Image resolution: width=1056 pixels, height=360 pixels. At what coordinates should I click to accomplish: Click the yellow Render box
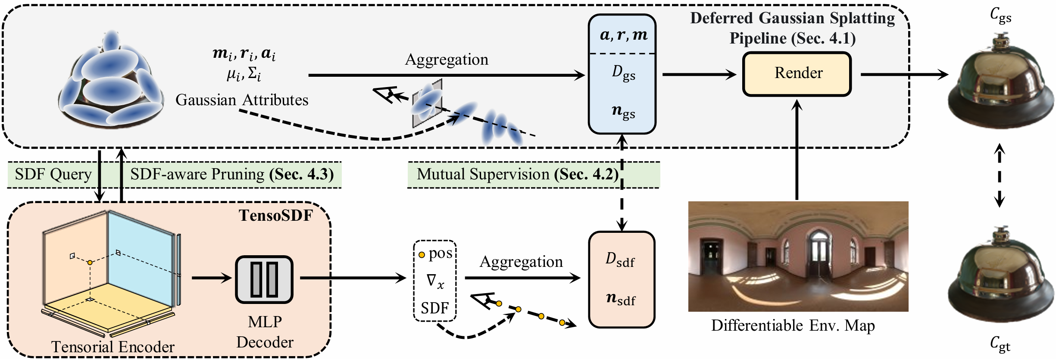[x=797, y=74]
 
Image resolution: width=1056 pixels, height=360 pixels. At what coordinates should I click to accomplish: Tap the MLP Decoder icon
[x=264, y=279]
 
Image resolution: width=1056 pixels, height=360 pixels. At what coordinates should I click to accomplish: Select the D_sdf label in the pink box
[x=620, y=260]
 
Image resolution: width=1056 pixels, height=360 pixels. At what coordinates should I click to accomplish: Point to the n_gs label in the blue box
[x=623, y=112]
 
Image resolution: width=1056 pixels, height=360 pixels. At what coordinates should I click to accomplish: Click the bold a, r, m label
[x=623, y=35]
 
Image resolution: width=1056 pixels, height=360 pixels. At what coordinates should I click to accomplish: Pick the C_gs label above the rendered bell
[x=1000, y=16]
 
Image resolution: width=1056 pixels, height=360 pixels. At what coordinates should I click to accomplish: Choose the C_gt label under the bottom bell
[x=1000, y=344]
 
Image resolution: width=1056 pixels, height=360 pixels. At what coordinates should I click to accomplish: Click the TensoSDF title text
[x=276, y=215]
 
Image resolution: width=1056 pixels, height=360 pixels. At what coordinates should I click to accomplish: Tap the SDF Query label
[x=53, y=174]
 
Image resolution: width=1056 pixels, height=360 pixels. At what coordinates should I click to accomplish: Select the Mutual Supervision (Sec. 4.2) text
[x=517, y=174]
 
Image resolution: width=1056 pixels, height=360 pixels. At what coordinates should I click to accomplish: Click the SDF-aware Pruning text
[x=197, y=174]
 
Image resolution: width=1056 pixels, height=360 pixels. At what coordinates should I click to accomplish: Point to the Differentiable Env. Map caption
[x=793, y=325]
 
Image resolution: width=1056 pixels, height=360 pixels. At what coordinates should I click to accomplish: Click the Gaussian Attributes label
[x=242, y=100]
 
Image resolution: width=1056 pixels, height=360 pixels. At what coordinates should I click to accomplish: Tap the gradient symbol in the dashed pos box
[x=435, y=281]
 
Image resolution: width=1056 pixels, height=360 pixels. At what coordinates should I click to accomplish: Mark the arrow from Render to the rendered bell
[x=904, y=74]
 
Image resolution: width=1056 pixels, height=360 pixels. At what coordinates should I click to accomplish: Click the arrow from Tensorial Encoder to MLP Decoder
[x=212, y=278]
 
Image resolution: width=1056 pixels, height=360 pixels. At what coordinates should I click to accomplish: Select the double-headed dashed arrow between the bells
[x=1000, y=175]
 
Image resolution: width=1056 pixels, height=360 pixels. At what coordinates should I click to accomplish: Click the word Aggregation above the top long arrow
[x=447, y=59]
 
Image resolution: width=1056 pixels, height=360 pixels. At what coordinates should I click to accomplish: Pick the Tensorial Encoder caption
[x=113, y=347]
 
